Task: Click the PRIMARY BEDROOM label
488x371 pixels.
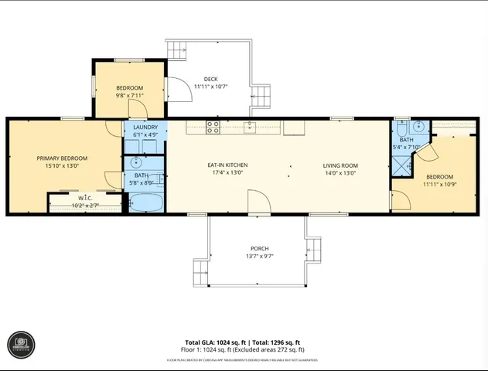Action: tap(62, 158)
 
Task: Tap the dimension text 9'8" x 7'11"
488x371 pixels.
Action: tap(129, 96)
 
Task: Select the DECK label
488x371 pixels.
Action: tap(210, 79)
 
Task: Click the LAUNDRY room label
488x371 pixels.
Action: tap(145, 127)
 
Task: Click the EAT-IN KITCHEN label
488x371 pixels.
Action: tap(227, 165)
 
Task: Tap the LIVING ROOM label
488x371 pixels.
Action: tap(340, 165)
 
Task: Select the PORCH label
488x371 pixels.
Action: tap(259, 248)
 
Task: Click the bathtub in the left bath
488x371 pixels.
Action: tap(145, 203)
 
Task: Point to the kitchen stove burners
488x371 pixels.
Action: tap(213, 126)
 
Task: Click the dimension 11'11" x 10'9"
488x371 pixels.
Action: tap(439, 184)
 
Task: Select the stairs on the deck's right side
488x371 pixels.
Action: tap(261, 97)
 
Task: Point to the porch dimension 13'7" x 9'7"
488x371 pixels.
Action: tap(259, 256)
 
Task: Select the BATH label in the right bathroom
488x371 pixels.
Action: tap(406, 140)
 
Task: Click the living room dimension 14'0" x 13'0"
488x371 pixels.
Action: tap(340, 172)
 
